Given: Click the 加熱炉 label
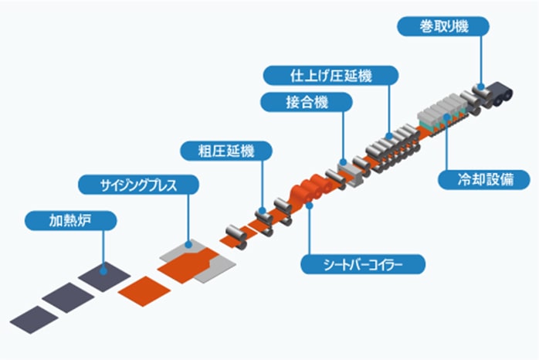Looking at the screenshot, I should tap(70, 221).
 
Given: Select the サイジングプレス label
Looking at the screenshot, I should tap(139, 185).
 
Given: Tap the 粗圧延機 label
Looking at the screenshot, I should tap(226, 149).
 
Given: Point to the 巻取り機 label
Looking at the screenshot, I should tap(443, 26).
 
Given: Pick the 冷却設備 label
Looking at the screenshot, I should tap(483, 180).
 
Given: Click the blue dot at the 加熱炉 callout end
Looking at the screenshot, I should tap(103, 267).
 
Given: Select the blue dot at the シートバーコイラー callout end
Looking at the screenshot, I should tap(308, 205).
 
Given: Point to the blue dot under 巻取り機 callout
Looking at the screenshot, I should tap(481, 87).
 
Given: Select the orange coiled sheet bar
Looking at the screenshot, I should tap(305, 190).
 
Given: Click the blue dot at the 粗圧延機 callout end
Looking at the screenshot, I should tap(263, 210).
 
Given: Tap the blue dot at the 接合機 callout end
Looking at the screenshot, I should tap(343, 161).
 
